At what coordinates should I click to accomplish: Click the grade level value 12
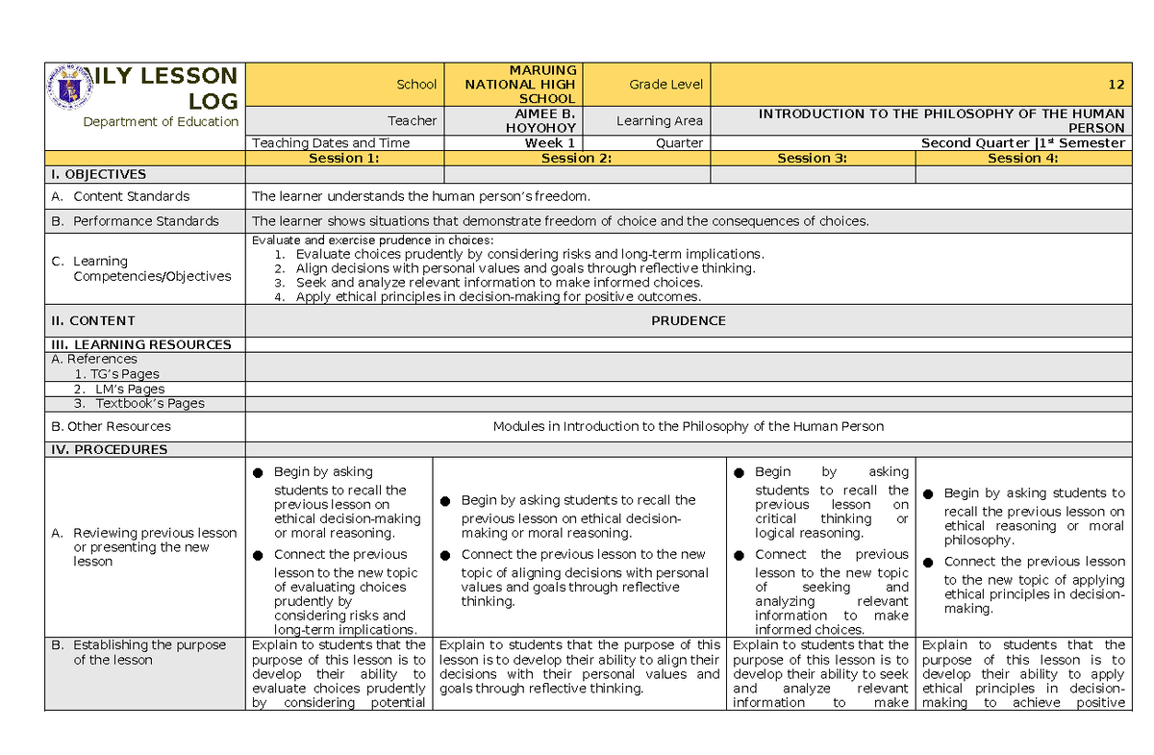[x=1116, y=85]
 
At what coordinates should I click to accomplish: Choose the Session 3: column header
[x=813, y=159]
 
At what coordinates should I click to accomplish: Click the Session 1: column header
[x=344, y=159]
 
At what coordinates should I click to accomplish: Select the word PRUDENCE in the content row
[x=688, y=321]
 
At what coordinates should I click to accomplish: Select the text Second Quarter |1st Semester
[x=1022, y=143]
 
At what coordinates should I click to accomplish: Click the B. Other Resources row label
[x=111, y=426]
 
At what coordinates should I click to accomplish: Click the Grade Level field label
[x=666, y=85]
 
